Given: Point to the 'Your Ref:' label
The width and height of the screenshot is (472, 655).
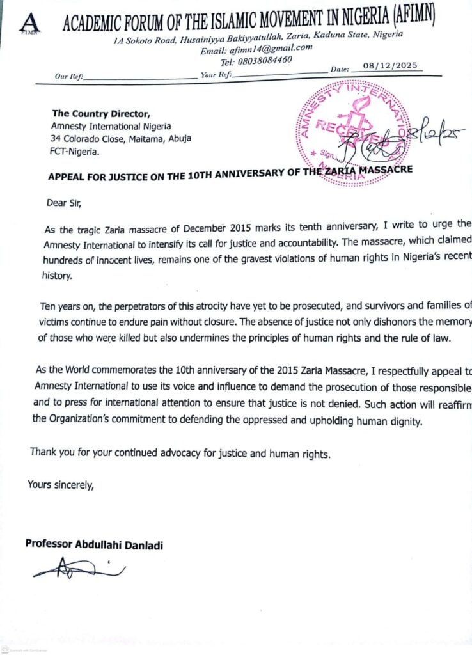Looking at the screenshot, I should tap(216, 75).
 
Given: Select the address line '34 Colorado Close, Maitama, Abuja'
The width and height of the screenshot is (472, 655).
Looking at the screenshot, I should tap(121, 138).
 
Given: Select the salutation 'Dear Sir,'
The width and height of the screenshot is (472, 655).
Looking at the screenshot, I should tap(64, 203).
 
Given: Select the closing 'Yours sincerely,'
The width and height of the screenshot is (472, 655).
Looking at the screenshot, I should tap(60, 484).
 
